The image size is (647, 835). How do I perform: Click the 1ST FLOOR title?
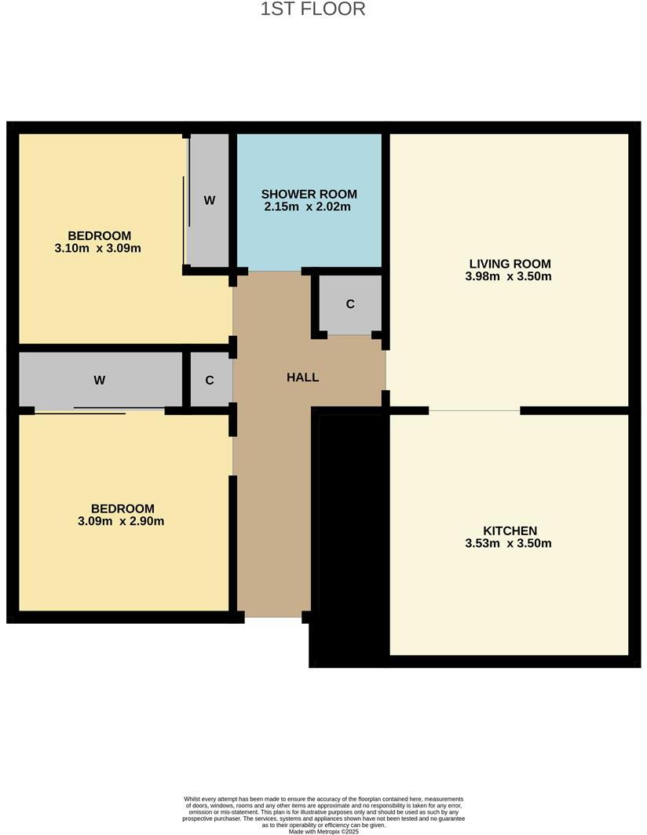point(313,9)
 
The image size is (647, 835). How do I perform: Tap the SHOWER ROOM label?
point(309,194)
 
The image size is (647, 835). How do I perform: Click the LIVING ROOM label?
point(510,264)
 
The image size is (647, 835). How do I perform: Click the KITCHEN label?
point(510,531)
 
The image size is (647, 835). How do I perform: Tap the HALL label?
point(302,377)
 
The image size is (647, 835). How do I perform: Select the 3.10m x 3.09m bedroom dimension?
point(99,249)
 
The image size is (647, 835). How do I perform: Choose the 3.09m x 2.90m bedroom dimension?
point(122,521)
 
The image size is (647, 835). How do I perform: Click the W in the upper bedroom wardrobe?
point(210,201)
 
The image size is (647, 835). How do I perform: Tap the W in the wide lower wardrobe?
point(100,381)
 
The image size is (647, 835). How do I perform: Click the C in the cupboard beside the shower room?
point(350,304)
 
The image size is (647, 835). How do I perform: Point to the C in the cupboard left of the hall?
point(210,381)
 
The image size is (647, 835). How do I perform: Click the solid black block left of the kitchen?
point(350,541)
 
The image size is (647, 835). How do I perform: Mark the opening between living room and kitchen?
point(474,410)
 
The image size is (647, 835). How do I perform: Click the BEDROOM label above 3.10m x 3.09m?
point(99,235)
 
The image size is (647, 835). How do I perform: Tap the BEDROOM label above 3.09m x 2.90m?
point(122,509)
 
